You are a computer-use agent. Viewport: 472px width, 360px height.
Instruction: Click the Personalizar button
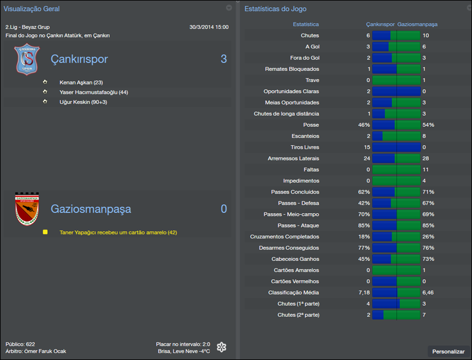pos(448,351)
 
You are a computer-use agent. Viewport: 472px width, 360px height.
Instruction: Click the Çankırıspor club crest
pos(26,60)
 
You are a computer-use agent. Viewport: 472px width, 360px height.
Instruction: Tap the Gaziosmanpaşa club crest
pos(26,209)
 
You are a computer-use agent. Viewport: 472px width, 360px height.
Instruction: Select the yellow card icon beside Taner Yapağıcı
pos(45,233)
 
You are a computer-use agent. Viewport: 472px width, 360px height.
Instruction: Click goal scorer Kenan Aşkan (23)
pos(81,83)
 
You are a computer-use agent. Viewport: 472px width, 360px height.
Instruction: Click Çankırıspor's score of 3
pos(224,59)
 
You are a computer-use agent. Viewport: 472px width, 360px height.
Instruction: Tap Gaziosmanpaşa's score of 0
pos(224,209)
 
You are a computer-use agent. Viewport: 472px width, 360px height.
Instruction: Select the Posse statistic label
pos(310,125)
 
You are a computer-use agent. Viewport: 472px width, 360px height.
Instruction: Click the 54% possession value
pos(428,125)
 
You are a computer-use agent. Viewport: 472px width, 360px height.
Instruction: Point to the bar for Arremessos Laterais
pos(396,159)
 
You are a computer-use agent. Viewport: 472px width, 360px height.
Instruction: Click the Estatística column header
pos(306,25)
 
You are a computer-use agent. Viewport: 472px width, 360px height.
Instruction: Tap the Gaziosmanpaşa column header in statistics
pos(417,25)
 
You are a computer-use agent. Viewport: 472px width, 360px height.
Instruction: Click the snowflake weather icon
pos(221,347)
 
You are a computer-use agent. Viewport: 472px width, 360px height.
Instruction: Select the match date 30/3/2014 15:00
pos(209,27)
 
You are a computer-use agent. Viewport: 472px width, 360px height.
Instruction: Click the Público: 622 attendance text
pos(20,343)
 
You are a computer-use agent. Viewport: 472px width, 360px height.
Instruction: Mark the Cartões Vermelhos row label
pos(295,282)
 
